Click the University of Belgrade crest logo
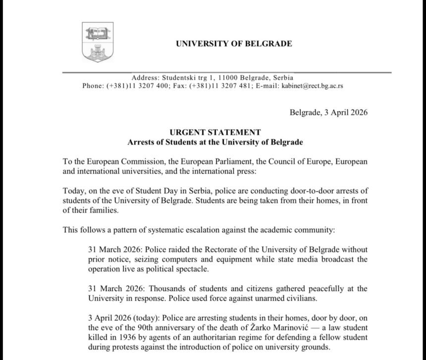coord(98,42)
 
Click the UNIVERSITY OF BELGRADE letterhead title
coord(233,44)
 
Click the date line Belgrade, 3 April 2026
coord(328,112)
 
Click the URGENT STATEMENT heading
coord(214,132)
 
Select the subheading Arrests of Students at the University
coord(214,142)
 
